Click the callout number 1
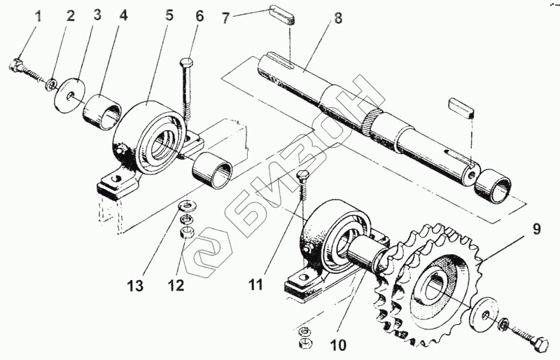[38, 16]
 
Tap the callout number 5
[169, 15]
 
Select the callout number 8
[338, 18]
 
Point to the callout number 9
[537, 229]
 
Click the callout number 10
[338, 345]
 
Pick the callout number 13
[135, 286]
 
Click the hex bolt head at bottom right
[540, 345]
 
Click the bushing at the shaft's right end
[493, 186]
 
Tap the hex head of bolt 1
[16, 65]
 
